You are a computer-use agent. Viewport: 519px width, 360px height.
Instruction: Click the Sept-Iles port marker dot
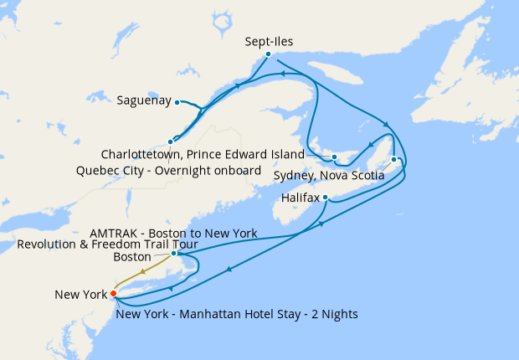pos(268,54)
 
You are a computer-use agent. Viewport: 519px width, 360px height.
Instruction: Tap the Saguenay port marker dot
pos(177,102)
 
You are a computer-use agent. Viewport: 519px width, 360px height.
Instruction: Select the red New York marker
pos(113,293)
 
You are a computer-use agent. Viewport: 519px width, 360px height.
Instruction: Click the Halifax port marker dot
pos(325,198)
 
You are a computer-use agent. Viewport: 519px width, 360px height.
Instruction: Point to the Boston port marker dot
pos(173,253)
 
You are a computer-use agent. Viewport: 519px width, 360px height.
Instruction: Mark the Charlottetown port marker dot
pos(333,157)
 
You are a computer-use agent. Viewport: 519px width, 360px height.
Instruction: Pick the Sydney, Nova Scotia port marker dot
pos(393,159)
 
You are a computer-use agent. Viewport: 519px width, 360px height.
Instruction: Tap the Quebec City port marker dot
pos(171,141)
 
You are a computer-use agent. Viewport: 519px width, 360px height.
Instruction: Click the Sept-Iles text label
pos(269,39)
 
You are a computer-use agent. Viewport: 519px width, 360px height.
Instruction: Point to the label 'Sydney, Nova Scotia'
pos(329,177)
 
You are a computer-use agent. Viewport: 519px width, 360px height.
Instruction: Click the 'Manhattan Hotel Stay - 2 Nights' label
pos(238,315)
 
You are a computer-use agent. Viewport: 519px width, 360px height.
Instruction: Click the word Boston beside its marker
pos(133,257)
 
